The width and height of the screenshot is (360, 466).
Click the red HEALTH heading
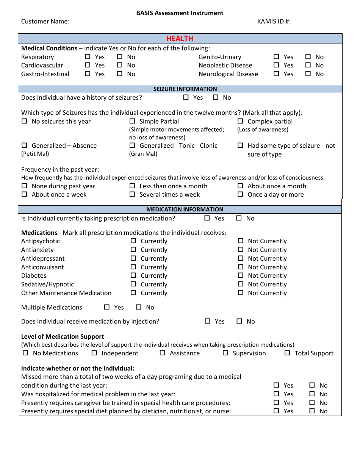[180, 39]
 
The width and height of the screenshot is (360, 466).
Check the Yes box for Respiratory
[88, 57]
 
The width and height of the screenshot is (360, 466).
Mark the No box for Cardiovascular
[120, 65]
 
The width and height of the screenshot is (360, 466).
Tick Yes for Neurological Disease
[276, 74]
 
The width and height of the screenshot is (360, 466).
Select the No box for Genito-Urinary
[308, 57]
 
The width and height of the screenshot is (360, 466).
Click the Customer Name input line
[165, 22]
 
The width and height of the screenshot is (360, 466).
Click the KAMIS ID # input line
[319, 22]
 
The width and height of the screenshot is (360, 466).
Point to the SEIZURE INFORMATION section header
[185, 89]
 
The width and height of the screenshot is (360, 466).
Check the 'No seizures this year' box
[25, 121]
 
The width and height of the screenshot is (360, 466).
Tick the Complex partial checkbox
[240, 121]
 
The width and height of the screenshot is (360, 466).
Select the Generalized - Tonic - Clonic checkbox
[132, 145]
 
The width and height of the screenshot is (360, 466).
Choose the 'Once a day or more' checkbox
[240, 194]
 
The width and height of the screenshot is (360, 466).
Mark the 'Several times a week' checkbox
[132, 194]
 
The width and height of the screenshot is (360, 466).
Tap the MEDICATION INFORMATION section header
[185, 210]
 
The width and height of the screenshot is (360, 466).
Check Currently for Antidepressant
[133, 258]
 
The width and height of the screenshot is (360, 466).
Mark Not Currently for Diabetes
[241, 275]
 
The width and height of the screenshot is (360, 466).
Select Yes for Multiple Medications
[107, 307]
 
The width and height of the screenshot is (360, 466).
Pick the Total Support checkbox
[287, 353]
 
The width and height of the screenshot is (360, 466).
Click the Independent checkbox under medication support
[94, 353]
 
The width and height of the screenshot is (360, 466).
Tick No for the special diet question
[312, 411]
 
